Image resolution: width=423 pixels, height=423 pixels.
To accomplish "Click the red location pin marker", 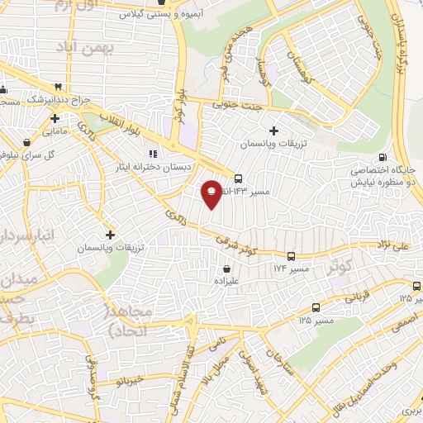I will pyautogui.click(x=211, y=193).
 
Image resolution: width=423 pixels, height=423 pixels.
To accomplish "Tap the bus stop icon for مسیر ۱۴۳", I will pyautogui.click(x=239, y=178).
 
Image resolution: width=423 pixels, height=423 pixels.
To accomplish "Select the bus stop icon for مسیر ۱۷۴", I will pyautogui.click(x=291, y=256).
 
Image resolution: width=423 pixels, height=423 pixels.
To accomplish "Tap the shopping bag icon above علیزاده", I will pyautogui.click(x=226, y=269).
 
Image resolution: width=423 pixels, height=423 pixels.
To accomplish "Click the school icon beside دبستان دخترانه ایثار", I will pyautogui.click(x=152, y=154).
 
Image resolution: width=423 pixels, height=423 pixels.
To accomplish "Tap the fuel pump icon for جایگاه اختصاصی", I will pyautogui.click(x=381, y=158).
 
